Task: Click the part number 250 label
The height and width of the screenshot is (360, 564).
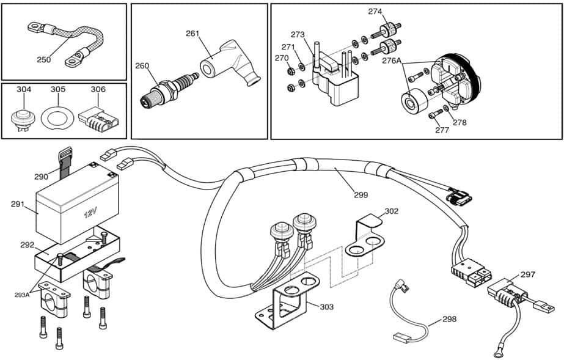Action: [x=43, y=59]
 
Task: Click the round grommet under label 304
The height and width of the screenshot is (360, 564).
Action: [x=24, y=116]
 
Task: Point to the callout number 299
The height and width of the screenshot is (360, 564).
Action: [x=361, y=195]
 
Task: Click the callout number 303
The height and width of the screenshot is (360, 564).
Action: [x=327, y=306]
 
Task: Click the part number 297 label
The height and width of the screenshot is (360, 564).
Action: [x=527, y=274]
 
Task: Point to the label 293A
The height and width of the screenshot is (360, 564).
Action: [x=22, y=294]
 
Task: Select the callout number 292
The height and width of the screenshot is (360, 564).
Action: [x=27, y=244]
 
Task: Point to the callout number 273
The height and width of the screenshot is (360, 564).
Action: [x=298, y=34]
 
